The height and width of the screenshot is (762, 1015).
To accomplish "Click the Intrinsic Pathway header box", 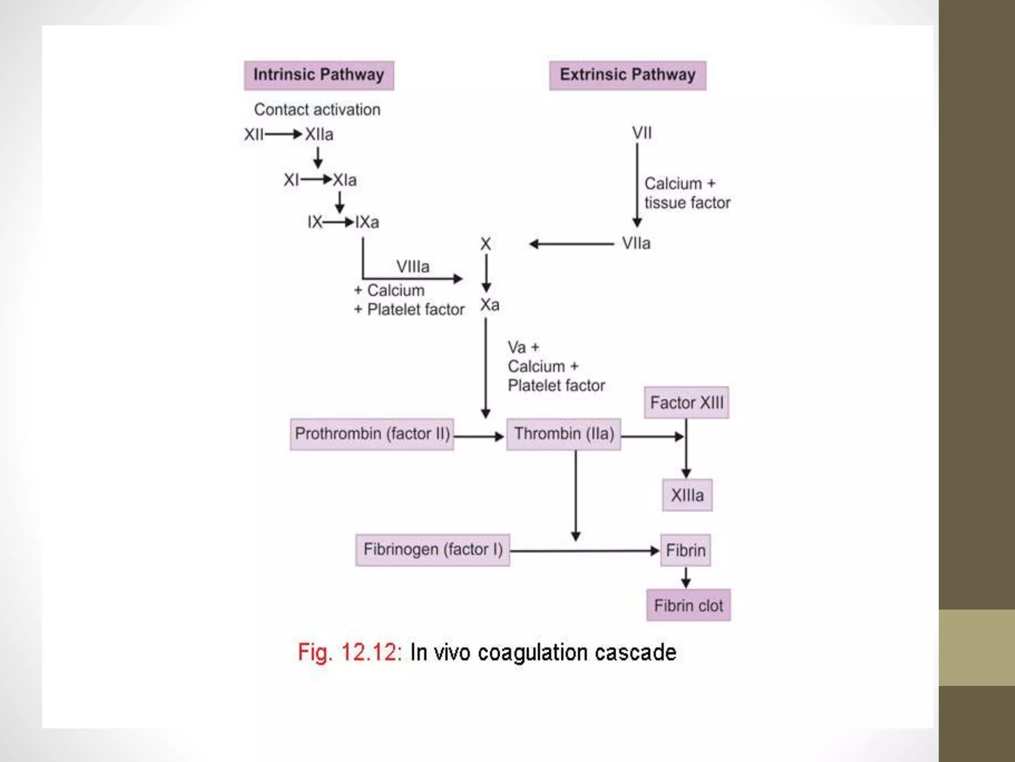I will coord(319,75).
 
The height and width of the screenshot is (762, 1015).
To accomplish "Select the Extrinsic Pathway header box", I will coord(627,75).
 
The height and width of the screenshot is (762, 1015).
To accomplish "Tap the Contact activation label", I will coord(317,110).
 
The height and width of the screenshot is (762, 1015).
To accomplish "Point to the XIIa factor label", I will coord(319,134).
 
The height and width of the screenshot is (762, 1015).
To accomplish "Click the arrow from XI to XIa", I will coord(316,180).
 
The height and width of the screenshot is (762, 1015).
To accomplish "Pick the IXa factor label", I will coord(367,222).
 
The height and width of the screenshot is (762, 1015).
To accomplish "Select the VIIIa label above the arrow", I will coord(413,267).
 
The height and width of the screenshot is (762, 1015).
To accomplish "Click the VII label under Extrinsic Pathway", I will coord(642,133).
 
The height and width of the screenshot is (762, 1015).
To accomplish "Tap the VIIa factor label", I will coord(636,244).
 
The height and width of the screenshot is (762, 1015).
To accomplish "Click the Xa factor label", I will coord(490,305).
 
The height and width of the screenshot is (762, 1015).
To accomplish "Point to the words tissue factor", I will coord(687,203).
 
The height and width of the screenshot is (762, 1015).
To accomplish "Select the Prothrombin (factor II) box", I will coord(372,434).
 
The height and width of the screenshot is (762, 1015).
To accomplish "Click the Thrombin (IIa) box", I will coord(564,434).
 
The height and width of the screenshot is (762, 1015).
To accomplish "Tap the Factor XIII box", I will coord(686,403).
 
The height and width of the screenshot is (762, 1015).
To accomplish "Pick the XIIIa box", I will coord(687,495).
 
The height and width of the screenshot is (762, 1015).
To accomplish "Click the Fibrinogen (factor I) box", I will coord(433,550).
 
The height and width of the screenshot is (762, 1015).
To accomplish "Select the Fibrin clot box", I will coord(688,605).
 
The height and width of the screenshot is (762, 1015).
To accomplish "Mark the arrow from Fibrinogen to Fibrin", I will coord(585,551).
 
